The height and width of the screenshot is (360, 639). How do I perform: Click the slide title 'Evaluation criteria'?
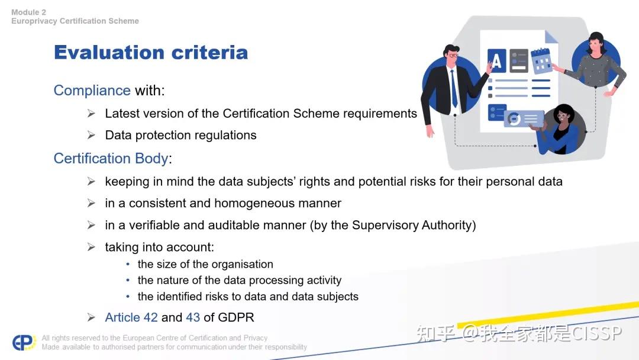150,53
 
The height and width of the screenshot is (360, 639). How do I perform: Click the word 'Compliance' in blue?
92,91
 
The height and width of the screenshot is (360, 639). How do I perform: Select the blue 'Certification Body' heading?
111,159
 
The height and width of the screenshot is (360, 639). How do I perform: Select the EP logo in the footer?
24,342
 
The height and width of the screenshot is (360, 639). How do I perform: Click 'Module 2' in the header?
28,12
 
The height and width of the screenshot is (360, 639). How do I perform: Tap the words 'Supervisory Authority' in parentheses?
412,225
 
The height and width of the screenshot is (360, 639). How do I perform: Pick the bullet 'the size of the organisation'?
205,264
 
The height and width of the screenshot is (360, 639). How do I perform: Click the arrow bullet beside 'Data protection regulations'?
91,135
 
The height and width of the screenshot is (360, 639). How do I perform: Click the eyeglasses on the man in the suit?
454,55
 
